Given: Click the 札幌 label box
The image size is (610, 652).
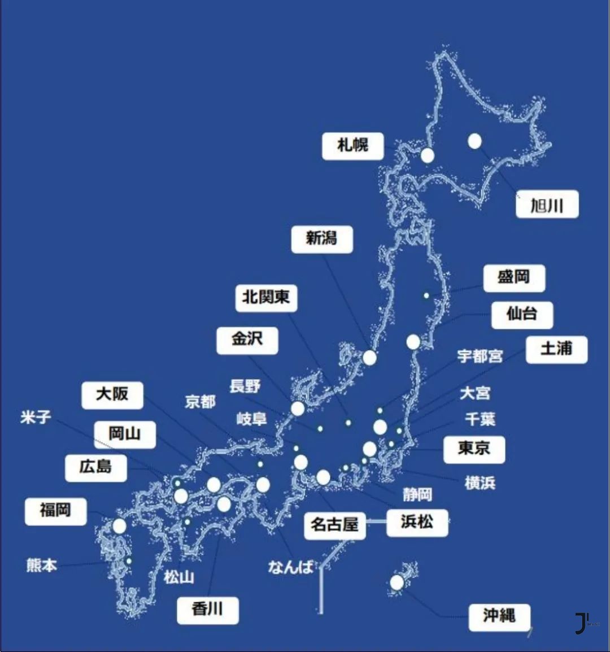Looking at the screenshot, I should (x=353, y=146).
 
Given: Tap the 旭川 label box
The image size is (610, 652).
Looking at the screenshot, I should (x=547, y=205).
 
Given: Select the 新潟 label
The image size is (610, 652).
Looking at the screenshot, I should (x=322, y=239).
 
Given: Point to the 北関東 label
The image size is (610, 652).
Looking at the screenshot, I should (x=266, y=297).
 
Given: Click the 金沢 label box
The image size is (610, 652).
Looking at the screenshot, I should (x=247, y=340).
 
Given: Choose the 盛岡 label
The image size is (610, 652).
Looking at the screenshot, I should (x=514, y=278).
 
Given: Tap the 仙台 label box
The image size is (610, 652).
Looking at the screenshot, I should (x=522, y=314).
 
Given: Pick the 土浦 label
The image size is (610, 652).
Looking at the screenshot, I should (x=556, y=350).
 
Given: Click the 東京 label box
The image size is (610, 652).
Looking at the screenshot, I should (x=474, y=449).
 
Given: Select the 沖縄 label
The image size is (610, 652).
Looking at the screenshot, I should (x=499, y=616).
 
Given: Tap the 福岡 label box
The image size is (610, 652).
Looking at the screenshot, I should (x=55, y=511).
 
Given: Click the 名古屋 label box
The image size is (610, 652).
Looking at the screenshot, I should (x=334, y=525).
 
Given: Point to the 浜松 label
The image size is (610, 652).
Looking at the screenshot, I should (x=417, y=522).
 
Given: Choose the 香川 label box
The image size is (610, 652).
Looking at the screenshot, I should (x=207, y=610).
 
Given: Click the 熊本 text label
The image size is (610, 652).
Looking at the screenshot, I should (x=42, y=565).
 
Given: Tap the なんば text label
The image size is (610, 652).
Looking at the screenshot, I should (x=290, y=567).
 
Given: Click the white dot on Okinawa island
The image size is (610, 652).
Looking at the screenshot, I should (x=397, y=583).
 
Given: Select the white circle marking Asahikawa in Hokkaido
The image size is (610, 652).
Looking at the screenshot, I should (x=474, y=141).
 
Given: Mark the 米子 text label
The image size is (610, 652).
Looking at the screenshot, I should (x=36, y=418).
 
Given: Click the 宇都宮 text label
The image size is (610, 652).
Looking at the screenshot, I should (x=480, y=357).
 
